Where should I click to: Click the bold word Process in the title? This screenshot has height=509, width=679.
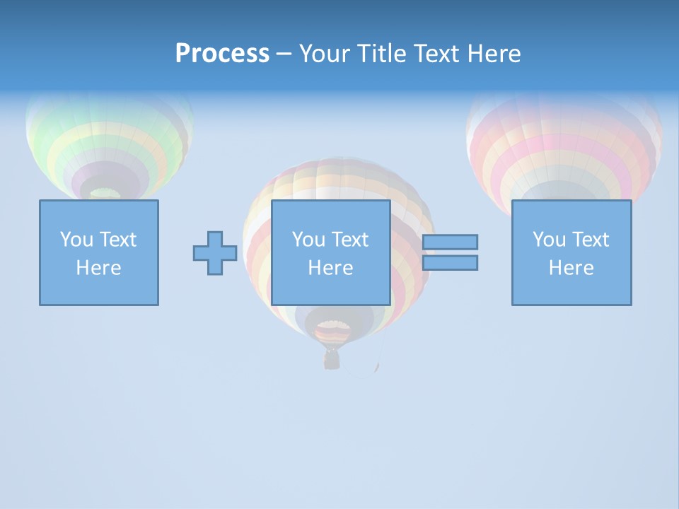click(x=222, y=54)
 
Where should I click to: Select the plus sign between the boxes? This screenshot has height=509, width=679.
click(x=215, y=253)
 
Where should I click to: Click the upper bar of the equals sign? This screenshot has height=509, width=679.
click(x=450, y=242)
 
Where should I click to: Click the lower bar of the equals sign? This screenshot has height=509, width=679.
click(x=450, y=263)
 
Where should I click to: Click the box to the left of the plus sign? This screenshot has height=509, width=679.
click(x=99, y=252)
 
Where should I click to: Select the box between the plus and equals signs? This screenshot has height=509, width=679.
click(x=331, y=252)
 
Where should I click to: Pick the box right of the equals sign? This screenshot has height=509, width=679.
click(x=571, y=252)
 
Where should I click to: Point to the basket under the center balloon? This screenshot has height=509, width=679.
click(x=331, y=360)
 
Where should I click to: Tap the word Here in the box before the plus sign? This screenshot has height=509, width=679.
click(x=99, y=268)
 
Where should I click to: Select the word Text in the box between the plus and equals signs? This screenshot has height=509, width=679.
click(x=350, y=240)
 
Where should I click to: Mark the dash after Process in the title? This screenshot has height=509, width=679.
click(x=284, y=54)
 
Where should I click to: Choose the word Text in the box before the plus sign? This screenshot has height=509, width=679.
click(x=118, y=240)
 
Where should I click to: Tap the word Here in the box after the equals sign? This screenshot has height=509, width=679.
click(x=571, y=268)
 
